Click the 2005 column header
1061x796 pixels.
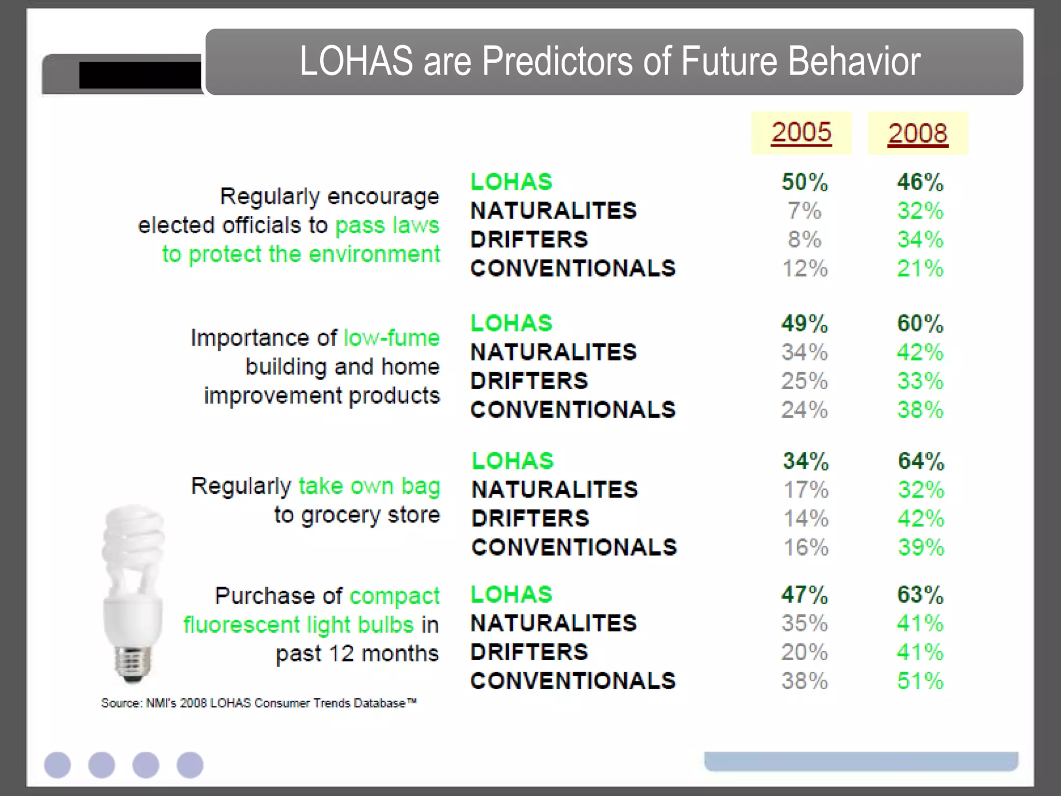click(801, 133)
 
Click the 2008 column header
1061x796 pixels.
click(917, 134)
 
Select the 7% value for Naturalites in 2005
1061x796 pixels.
click(804, 211)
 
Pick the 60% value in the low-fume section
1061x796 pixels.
click(920, 324)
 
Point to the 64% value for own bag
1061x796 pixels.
click(921, 461)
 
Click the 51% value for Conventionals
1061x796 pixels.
click(920, 681)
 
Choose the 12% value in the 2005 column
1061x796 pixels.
click(805, 268)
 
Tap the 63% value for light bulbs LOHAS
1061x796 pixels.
click(920, 595)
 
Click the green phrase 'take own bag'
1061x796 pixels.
click(369, 486)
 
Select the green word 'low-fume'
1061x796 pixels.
click(392, 338)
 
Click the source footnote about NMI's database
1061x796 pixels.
click(259, 703)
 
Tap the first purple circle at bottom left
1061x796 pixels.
click(58, 765)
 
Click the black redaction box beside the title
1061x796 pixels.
click(140, 76)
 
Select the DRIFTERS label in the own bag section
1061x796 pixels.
click(530, 519)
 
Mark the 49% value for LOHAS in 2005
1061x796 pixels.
click(805, 324)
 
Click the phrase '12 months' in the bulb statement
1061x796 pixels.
click(383, 653)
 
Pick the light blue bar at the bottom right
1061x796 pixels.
click(861, 761)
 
